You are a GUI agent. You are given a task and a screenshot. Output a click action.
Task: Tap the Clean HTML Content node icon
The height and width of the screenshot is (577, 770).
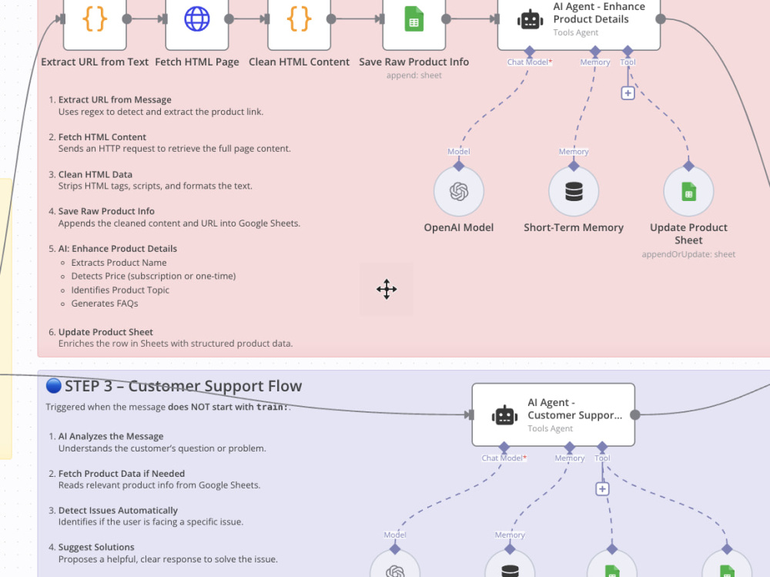pos(299,19)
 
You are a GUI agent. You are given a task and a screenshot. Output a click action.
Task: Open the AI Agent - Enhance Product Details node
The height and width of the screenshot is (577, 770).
pos(579,22)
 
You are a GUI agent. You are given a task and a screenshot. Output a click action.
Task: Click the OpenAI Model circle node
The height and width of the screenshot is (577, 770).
pos(459,192)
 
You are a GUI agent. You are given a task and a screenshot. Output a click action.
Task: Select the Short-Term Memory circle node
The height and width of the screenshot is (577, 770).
pos(574,192)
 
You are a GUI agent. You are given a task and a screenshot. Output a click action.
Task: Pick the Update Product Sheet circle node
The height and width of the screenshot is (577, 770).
pos(688,192)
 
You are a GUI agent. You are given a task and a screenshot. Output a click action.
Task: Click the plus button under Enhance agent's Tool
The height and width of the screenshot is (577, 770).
pos(628,93)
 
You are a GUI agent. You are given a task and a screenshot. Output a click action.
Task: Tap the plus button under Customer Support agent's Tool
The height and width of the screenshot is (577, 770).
pos(602,489)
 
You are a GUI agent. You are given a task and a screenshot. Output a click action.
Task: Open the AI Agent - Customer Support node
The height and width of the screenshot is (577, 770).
pos(554,414)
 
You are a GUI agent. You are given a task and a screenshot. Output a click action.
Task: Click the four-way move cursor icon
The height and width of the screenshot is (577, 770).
pos(387,289)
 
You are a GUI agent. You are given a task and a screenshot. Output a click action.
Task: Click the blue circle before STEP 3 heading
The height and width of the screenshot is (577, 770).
pos(54,386)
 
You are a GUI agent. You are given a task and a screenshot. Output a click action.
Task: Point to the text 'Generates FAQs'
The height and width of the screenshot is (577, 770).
pos(105,304)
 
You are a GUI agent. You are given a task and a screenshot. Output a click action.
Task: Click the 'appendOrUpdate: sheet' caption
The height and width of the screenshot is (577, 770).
pos(688,254)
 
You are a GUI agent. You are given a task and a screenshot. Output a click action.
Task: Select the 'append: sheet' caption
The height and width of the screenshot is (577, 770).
pos(414,75)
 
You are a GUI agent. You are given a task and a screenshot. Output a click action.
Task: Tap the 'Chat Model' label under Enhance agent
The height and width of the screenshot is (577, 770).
pos(527,62)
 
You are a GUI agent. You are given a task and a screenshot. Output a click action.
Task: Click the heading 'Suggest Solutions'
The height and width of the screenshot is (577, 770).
pos(96,547)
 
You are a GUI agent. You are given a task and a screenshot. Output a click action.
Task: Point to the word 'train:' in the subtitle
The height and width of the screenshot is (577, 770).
pos(272,407)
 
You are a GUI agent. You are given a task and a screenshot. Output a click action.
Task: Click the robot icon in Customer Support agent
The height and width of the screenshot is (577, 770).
pos(505,415)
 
